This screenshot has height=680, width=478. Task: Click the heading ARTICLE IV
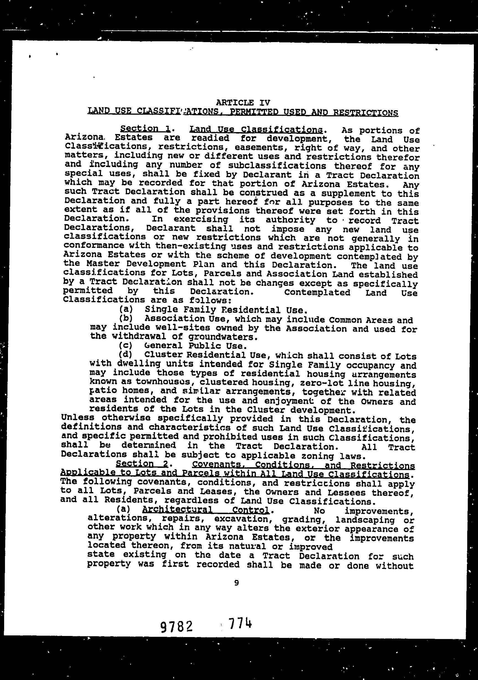[243, 102]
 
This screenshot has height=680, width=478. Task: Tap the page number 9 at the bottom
[236, 583]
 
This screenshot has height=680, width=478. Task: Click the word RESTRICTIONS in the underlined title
[365, 112]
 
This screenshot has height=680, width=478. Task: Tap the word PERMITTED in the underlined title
[253, 112]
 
